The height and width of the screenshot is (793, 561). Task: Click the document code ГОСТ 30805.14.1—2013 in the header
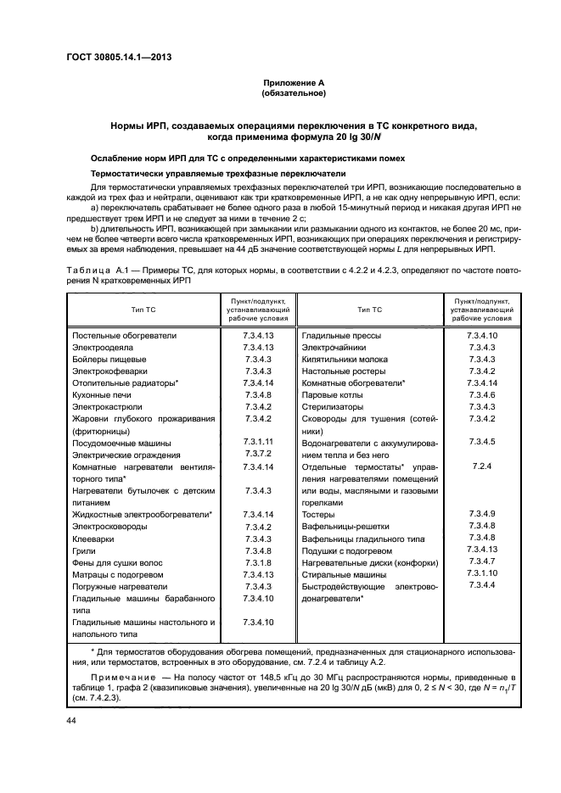124,59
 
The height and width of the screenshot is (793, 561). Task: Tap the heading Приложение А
294,82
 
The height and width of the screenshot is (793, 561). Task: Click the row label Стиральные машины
340,574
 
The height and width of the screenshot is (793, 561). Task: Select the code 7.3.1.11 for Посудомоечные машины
257,443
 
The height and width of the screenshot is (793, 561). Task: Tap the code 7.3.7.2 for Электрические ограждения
257,455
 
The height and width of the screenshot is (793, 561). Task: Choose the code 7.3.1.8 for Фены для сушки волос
257,562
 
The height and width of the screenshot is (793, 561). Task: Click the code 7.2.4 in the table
481,466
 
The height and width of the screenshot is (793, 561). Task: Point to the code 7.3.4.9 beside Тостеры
481,514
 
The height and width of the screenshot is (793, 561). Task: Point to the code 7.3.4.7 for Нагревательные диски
481,562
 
